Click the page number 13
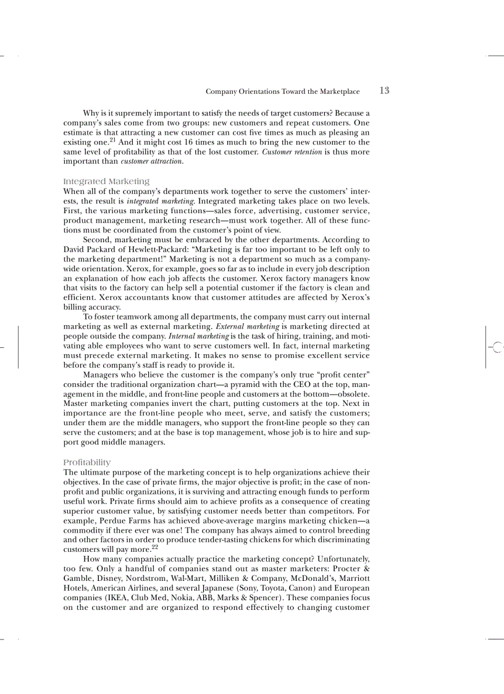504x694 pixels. (x=384, y=91)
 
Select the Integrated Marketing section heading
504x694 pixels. (x=106, y=181)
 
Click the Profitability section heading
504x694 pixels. (x=87, y=462)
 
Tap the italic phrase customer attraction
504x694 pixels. (x=151, y=161)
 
